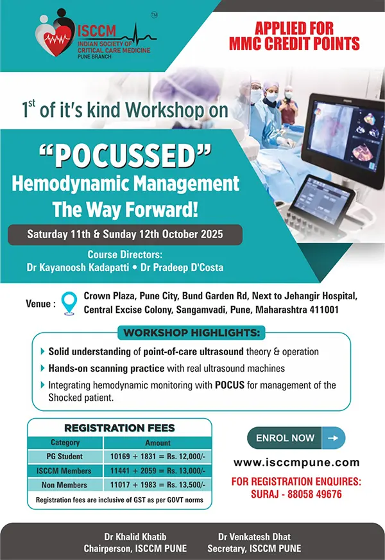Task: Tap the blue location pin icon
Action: coord(69,303)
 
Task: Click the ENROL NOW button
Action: coord(296,438)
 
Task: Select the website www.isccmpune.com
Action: coord(296,462)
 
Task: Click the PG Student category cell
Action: coord(65,457)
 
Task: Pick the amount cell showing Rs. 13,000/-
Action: coord(158,471)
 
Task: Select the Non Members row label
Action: coord(64,485)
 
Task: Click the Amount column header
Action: coord(158,443)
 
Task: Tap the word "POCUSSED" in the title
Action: coord(125,156)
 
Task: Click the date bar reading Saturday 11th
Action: coord(125,234)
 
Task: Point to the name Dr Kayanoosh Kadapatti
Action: coord(78,268)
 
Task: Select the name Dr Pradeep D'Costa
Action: coord(182,268)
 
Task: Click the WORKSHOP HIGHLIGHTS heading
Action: coord(192,333)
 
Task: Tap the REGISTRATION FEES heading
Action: coord(119,428)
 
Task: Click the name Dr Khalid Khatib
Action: coord(135,537)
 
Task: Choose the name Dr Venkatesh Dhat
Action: coord(254,537)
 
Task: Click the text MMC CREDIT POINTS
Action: coord(295,44)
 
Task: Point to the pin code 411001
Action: coord(324,310)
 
